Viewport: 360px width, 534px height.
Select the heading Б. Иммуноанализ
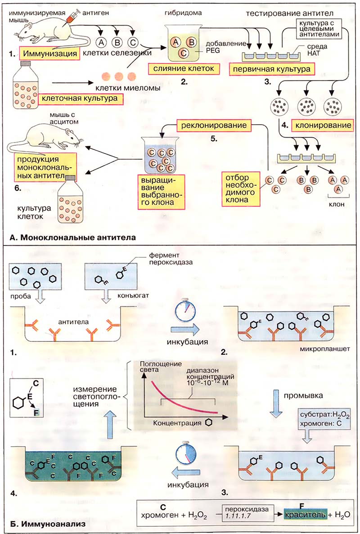48,523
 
